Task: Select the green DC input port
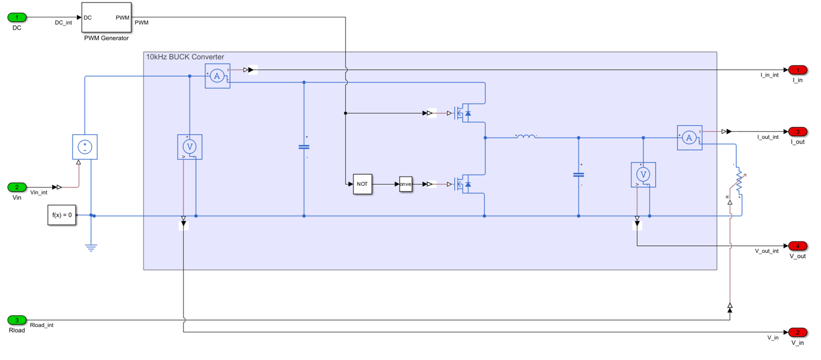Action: [17, 17]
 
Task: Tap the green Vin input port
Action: [17, 187]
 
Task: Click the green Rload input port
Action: [17, 320]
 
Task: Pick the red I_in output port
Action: [797, 70]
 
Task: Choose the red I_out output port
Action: [797, 131]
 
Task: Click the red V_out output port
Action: [797, 246]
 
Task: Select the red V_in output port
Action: [797, 332]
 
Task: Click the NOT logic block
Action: [362, 184]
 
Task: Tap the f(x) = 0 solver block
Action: [62, 215]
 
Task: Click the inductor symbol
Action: [526, 137]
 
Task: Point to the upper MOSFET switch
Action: [462, 113]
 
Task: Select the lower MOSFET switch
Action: [462, 184]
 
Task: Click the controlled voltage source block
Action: [84, 147]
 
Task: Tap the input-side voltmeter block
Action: [189, 147]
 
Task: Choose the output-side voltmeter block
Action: [643, 175]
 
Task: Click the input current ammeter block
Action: [218, 76]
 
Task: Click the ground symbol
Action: [91, 248]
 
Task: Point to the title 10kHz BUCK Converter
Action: [185, 57]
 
